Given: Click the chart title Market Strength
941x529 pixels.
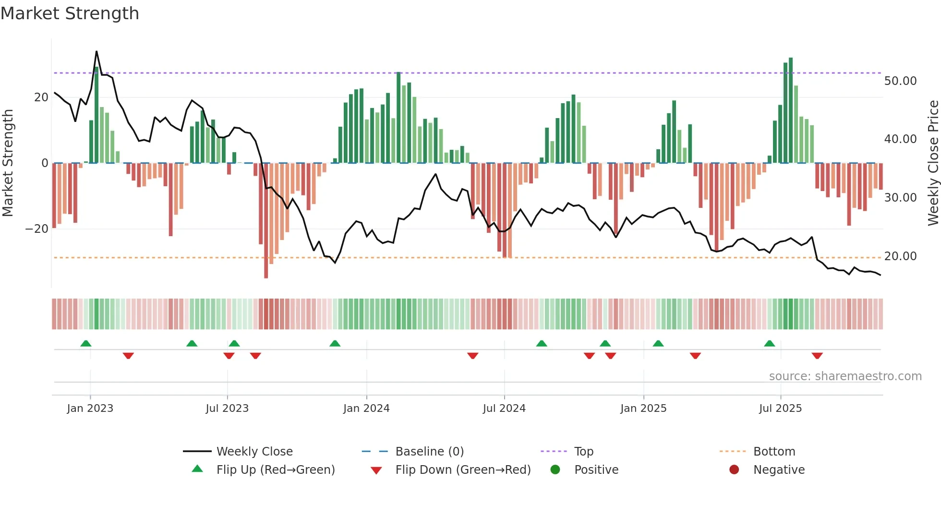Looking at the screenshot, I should point(70,13).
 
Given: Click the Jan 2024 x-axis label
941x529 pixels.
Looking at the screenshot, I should point(366,409).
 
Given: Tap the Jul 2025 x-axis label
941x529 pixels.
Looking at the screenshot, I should point(780,409).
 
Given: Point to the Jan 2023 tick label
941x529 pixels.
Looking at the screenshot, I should point(90,409).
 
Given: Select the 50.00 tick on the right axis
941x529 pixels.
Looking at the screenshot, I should point(900,81).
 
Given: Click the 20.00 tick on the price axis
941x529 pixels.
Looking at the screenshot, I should point(900,256).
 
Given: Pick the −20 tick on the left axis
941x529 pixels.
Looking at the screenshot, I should point(37,229).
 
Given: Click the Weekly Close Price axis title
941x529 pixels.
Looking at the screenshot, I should point(933,163).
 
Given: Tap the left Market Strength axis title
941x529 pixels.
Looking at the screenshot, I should point(8,163).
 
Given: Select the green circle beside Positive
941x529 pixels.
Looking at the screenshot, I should point(555,470).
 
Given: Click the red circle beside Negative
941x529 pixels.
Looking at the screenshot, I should point(734,470).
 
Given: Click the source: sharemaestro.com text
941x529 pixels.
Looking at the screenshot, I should point(845,376).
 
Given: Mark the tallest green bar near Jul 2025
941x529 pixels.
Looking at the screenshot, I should point(791,110).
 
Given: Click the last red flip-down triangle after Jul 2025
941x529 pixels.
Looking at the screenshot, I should point(817,356).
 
